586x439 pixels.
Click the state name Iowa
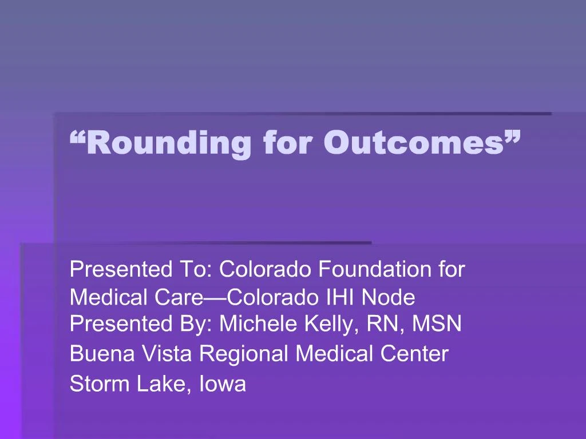coord(223,384)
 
